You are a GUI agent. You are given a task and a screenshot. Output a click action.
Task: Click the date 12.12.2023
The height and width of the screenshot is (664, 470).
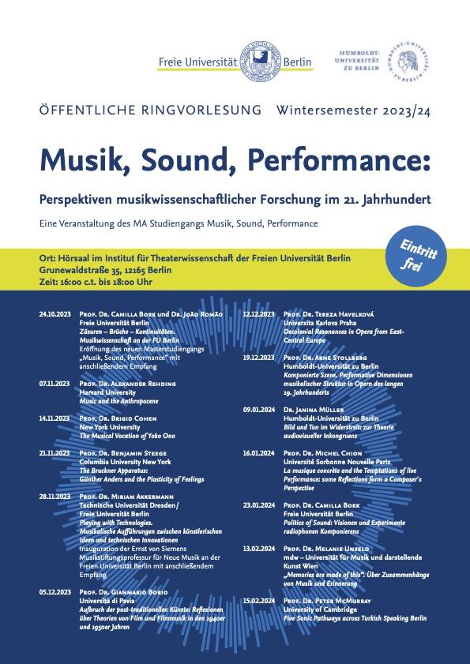click(259, 314)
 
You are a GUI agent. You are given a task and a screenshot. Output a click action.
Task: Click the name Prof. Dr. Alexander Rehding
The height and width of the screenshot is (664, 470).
click(127, 383)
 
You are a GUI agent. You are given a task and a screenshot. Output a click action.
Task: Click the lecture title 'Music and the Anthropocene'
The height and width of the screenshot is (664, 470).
click(120, 400)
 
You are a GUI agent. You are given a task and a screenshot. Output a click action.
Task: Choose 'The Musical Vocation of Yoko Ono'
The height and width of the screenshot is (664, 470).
click(129, 435)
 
